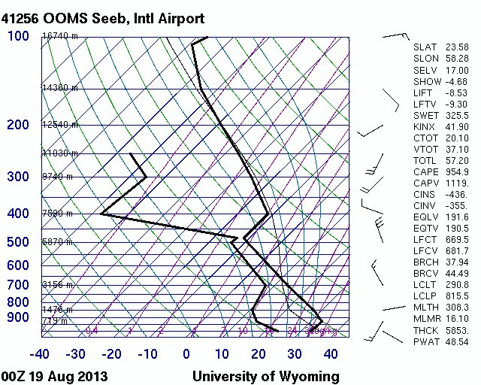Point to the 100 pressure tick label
18,36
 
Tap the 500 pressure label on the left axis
18,242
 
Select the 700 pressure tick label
18,285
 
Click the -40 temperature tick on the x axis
40,354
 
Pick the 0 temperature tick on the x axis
186,354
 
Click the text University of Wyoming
265,376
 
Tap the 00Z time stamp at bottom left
14,376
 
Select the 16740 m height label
60,36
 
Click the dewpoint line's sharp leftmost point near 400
101,214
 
